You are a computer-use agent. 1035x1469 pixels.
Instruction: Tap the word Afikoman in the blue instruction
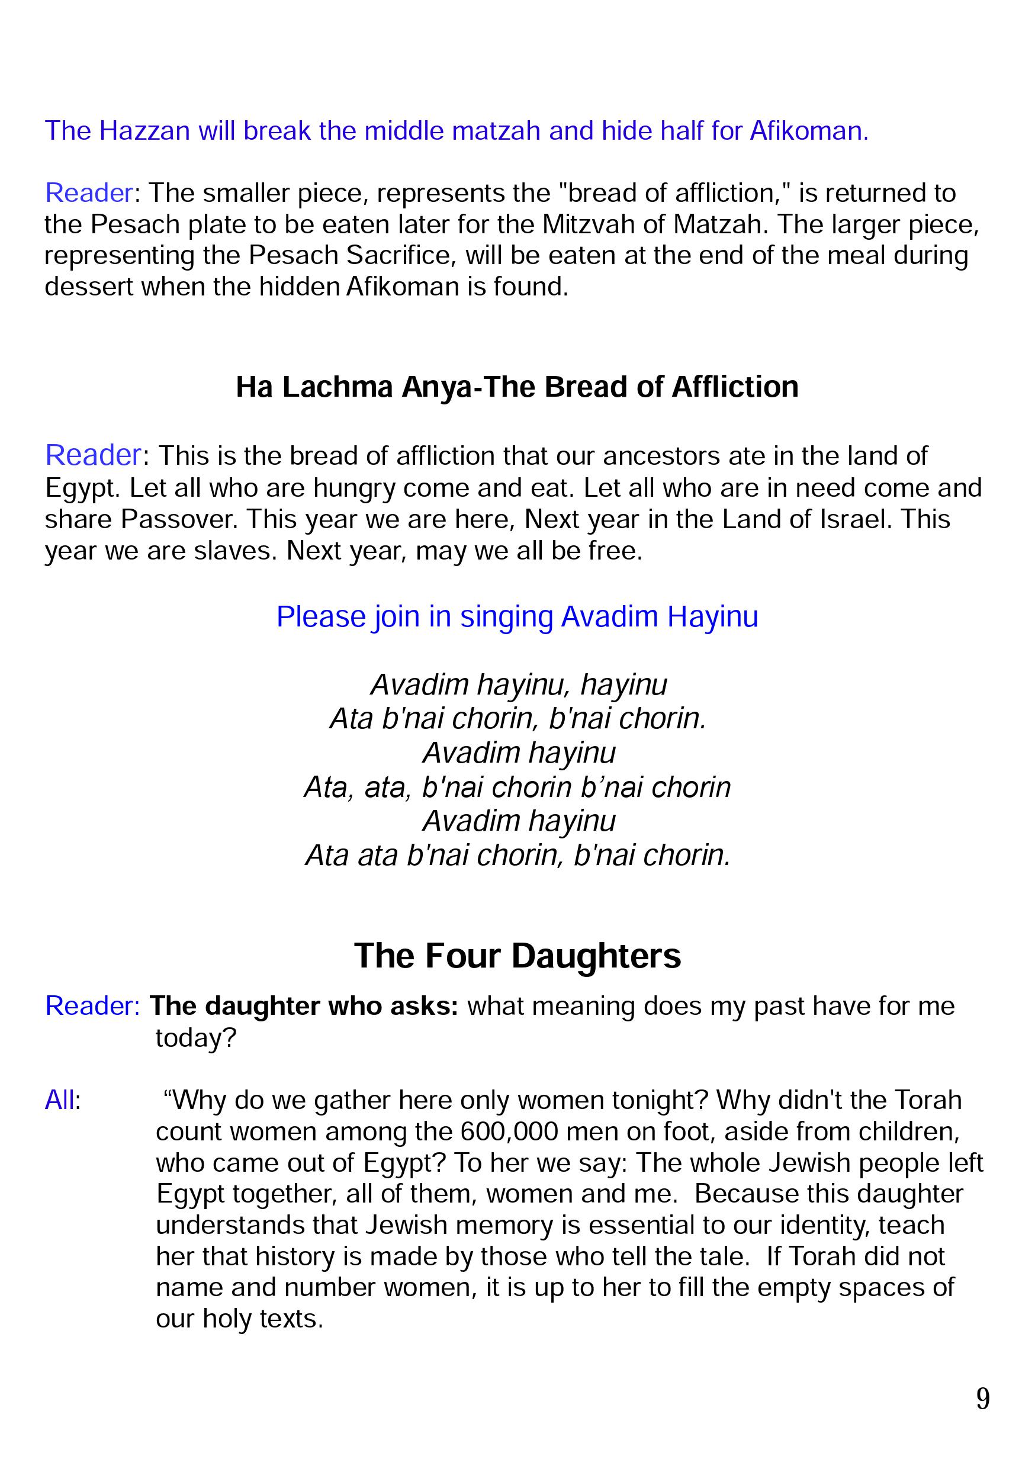[809, 131]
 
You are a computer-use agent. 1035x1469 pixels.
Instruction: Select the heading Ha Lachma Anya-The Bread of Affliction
[517, 387]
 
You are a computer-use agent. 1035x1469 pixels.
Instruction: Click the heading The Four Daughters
[517, 956]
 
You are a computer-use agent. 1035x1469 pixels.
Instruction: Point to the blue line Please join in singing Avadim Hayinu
[517, 617]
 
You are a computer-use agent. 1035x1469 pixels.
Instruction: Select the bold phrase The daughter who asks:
[304, 1007]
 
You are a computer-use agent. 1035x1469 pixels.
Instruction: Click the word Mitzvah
[587, 224]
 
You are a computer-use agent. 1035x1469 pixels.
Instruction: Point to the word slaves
[236, 551]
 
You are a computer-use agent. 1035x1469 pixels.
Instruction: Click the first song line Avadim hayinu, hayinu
[519, 685]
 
